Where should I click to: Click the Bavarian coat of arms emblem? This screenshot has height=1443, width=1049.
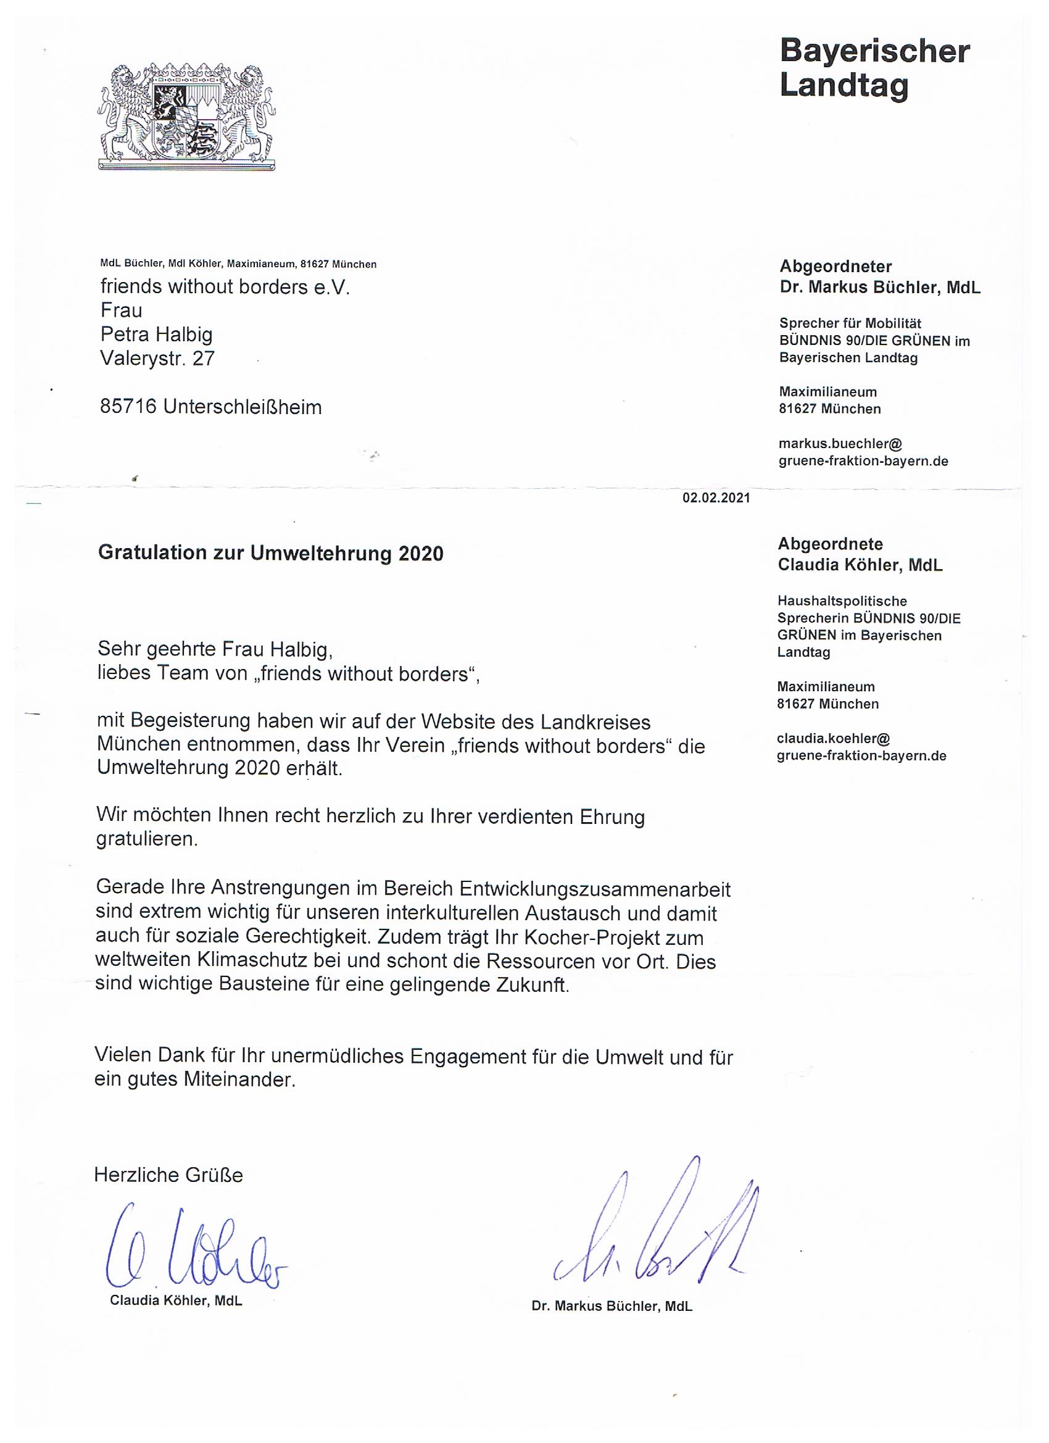tap(186, 117)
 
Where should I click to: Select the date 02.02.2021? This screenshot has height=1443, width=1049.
tap(716, 498)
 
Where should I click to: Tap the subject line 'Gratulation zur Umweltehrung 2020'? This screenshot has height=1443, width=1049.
tap(270, 554)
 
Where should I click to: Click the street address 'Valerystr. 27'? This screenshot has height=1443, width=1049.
tap(158, 359)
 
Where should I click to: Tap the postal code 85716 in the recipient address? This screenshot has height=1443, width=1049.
tap(128, 407)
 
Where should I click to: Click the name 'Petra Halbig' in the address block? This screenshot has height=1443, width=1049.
tap(157, 335)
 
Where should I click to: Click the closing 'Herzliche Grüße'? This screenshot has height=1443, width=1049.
tap(168, 1175)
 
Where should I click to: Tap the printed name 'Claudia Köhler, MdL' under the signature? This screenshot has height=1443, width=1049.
tap(176, 1300)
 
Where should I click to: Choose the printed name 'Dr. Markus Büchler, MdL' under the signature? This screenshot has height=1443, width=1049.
tap(612, 1306)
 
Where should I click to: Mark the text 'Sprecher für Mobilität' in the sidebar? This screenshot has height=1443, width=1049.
tap(850, 323)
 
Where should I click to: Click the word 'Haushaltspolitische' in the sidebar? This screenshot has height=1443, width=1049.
tap(842, 601)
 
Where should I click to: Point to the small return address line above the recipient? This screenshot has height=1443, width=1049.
tap(239, 264)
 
